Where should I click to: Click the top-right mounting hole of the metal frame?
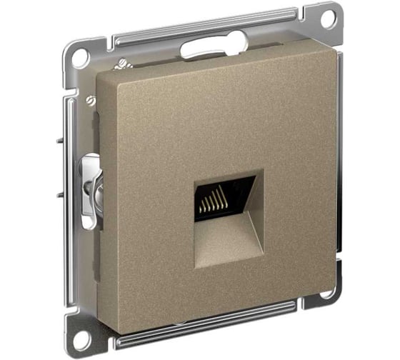[326, 19]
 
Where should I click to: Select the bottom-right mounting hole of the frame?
[326, 293]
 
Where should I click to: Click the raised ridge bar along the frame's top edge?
[207, 28]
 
